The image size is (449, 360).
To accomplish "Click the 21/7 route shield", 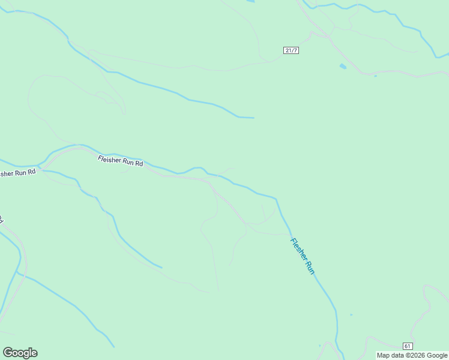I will (291, 50).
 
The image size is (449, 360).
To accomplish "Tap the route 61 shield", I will (408, 346).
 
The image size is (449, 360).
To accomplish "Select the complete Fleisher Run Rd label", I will (121, 161).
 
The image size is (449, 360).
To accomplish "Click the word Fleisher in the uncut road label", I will (110, 159).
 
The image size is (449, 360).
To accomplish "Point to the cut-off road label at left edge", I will (17, 173).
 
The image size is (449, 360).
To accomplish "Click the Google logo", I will (20, 353).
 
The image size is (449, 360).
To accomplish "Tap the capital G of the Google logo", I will (8, 353).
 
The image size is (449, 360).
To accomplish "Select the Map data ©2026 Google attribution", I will (412, 355).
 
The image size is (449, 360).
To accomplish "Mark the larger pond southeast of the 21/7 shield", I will (342, 66).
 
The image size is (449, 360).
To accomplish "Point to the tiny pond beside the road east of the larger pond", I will (375, 76).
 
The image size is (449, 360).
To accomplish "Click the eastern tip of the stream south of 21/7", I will (253, 118).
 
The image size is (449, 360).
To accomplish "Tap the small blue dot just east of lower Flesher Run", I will (351, 314).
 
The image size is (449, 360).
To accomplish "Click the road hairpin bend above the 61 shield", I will (425, 289).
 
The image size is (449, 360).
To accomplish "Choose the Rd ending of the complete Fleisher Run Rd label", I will (139, 163).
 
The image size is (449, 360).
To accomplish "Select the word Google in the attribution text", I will (437, 355).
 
